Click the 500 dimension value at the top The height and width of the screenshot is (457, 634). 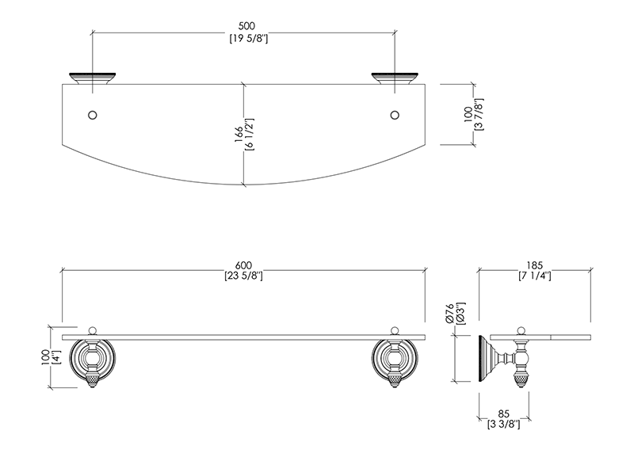(245, 24)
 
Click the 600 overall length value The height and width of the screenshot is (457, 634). (244, 264)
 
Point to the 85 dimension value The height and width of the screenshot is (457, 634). (505, 413)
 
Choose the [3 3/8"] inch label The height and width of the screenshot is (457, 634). (505, 425)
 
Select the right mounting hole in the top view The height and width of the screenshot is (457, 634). (395, 115)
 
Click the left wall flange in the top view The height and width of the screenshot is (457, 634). (94, 78)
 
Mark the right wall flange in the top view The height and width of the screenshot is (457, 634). (395, 78)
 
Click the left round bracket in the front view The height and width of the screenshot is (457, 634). (94, 360)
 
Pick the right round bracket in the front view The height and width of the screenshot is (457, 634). (395, 360)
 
